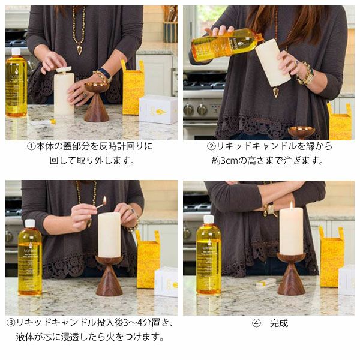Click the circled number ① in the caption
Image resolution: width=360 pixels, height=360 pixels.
pyautogui.click(x=31, y=146)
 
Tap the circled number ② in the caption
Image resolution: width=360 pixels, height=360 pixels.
pyautogui.click(x=211, y=146)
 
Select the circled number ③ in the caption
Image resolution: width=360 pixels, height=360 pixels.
pyautogui.click(x=11, y=323)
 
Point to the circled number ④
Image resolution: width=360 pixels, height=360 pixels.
pyautogui.click(x=256, y=323)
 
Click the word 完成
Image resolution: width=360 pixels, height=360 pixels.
pyautogui.click(x=279, y=323)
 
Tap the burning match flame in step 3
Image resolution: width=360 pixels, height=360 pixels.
pyautogui.click(x=104, y=200)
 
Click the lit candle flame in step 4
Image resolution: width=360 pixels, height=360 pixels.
pyautogui.click(x=291, y=205)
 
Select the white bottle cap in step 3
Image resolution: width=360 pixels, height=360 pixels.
pyautogui.click(x=30, y=224)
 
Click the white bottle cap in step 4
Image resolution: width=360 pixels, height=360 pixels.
pyautogui.click(x=208, y=220)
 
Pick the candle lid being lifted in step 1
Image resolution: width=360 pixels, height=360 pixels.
pyautogui.click(x=64, y=69)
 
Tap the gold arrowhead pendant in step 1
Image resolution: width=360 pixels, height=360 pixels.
pyautogui.click(x=79, y=50)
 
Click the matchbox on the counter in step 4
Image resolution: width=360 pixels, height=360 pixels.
pyautogui.click(x=266, y=282)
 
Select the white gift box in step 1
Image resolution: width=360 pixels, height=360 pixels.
pyautogui.click(x=158, y=109)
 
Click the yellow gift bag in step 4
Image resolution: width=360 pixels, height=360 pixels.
pyautogui.click(x=332, y=257)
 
